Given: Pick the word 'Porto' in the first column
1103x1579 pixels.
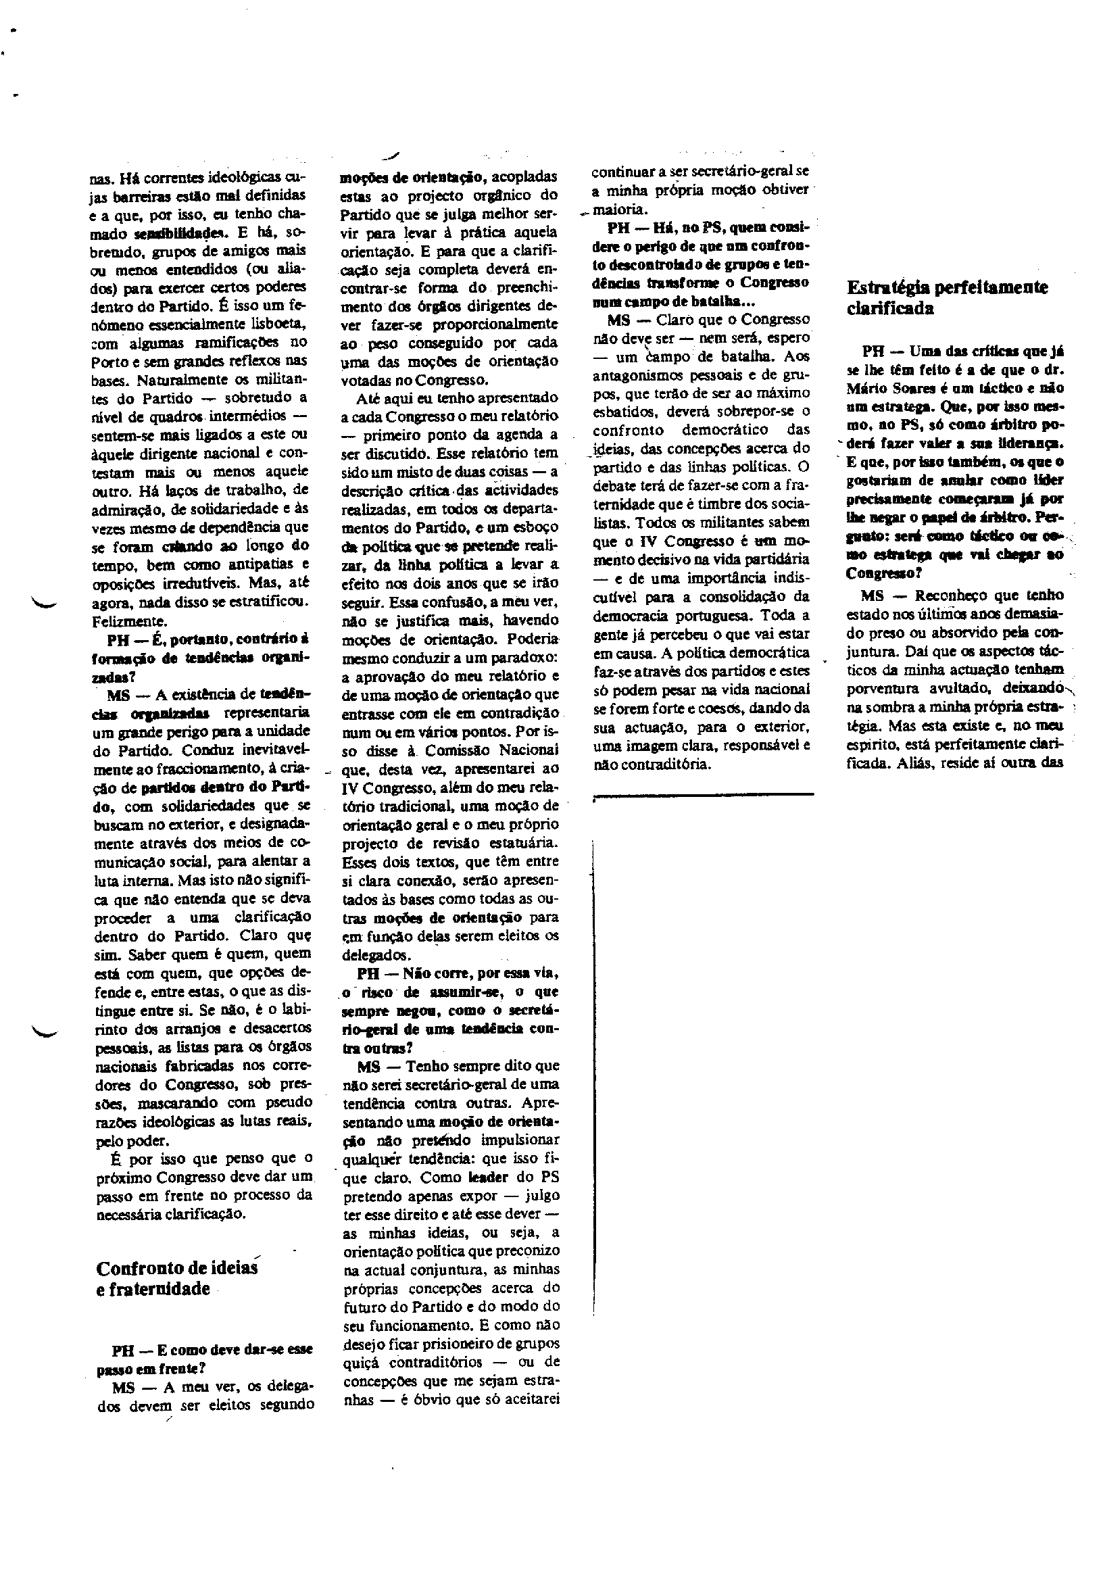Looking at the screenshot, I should click(105, 361).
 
